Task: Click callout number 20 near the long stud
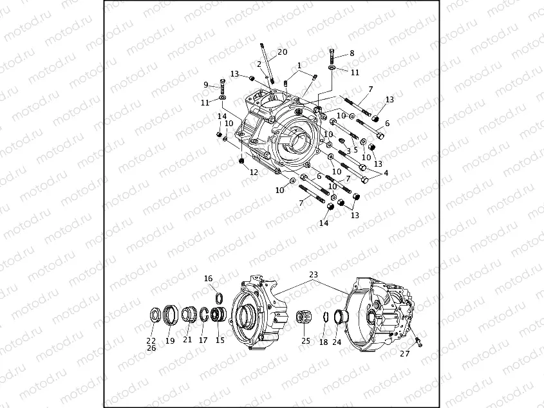[x=282, y=51]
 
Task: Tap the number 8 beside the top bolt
[x=352, y=53]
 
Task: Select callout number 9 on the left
[x=206, y=85]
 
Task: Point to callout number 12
[x=254, y=172]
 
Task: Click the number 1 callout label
[x=299, y=66]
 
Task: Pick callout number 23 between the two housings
[x=314, y=275]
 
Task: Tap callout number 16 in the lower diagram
[x=208, y=279]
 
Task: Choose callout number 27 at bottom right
[x=405, y=353]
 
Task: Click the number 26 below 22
[x=151, y=348]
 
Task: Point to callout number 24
[x=337, y=342]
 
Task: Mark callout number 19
[x=170, y=340]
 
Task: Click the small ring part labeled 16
[x=218, y=297]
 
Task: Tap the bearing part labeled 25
[x=304, y=318]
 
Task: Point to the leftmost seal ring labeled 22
[x=155, y=315]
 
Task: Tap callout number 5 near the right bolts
[x=355, y=150]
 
